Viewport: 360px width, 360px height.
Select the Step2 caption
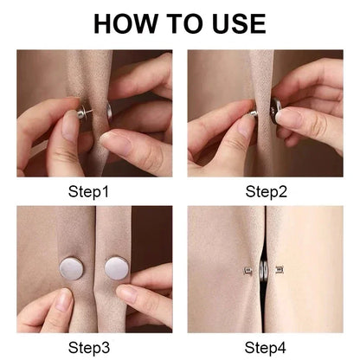266,191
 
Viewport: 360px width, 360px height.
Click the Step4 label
266,347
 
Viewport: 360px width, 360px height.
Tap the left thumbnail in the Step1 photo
71,125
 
